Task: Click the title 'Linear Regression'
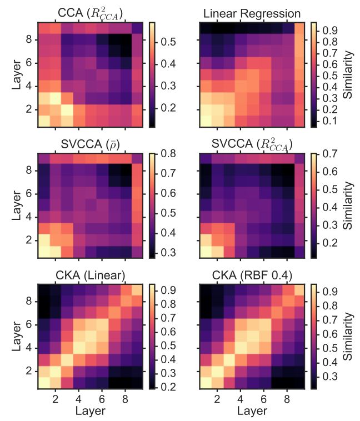252,13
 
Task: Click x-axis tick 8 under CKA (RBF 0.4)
287,399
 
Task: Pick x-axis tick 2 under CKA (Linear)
55,399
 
